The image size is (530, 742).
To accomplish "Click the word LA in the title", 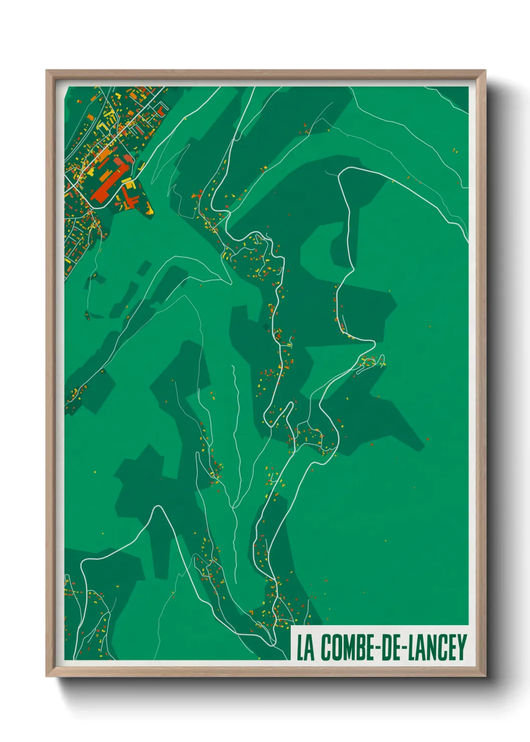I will click(305, 647).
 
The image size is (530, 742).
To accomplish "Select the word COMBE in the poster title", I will click(345, 647).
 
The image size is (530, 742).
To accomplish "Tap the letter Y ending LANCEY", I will click(461, 647).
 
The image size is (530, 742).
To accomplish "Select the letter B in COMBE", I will click(359, 647).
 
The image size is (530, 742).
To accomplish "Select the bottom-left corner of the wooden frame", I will click(47, 675).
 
